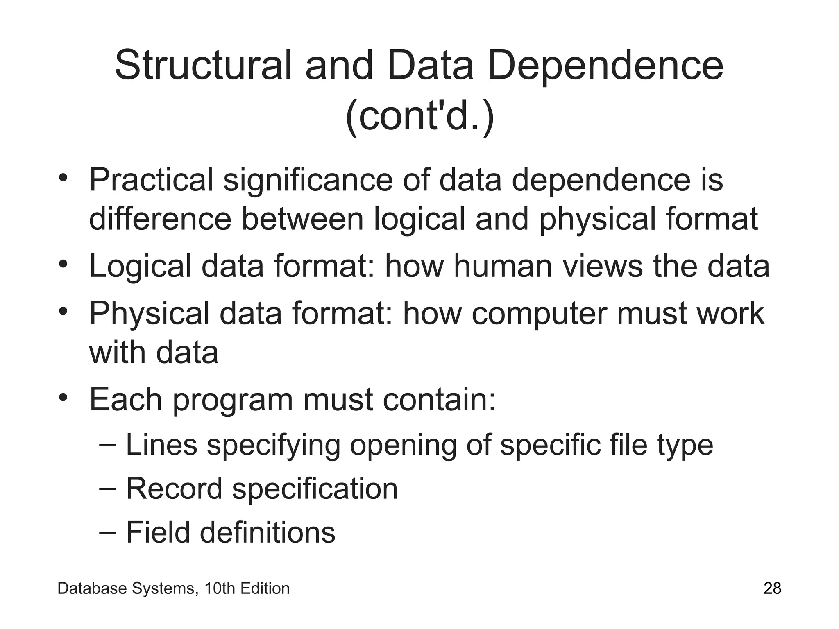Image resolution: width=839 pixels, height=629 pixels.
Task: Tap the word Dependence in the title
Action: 605,66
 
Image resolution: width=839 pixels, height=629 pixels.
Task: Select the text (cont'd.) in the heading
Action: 419,117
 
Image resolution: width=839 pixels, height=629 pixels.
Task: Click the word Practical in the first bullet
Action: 151,180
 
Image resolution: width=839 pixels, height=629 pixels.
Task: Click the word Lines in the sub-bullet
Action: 161,445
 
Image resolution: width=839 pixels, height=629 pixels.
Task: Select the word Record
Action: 174,489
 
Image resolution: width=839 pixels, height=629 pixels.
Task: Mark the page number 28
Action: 772,588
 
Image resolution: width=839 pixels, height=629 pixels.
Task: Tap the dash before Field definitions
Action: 108,532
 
